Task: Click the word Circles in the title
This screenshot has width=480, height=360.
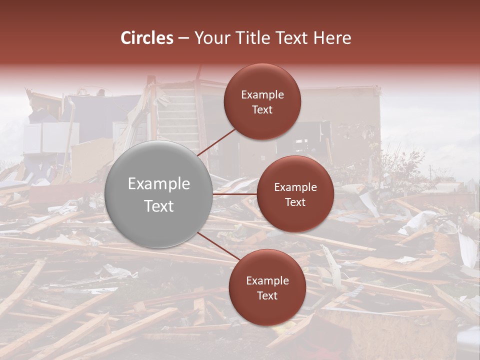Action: click(146, 38)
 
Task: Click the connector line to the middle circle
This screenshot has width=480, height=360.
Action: click(235, 193)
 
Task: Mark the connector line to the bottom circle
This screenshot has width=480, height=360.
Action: click(215, 245)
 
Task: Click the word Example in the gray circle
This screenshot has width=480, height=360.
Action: click(159, 184)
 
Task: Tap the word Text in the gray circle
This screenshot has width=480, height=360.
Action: click(159, 206)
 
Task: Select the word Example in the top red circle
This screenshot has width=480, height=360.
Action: click(262, 95)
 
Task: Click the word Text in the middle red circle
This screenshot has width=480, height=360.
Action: click(295, 202)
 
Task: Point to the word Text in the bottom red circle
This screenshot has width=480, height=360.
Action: click(267, 295)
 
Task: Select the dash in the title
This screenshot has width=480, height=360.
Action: click(183, 38)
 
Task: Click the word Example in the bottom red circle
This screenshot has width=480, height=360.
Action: click(267, 280)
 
